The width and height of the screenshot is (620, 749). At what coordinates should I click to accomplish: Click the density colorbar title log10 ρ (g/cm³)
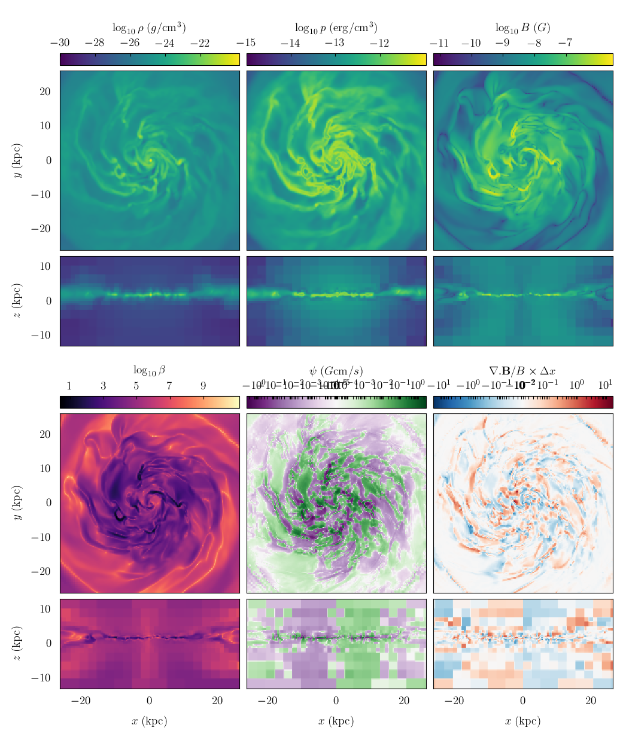(149, 28)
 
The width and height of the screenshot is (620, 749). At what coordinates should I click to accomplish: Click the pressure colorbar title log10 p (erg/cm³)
(336, 28)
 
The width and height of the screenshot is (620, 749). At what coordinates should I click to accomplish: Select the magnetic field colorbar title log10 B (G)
(522, 28)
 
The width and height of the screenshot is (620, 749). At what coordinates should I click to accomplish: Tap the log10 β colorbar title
(149, 370)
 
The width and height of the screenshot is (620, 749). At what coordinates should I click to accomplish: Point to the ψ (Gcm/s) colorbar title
(336, 370)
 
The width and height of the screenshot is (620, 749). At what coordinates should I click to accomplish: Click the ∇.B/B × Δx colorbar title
(522, 370)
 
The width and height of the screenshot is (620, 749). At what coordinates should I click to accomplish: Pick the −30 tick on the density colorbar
(60, 43)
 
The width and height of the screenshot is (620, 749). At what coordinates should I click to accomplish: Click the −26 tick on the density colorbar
(130, 43)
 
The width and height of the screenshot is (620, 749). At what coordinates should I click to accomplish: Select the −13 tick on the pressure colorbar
(335, 43)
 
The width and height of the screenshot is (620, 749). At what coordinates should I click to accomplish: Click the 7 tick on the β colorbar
(169, 386)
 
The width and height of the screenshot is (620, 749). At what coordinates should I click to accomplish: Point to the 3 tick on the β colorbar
(103, 386)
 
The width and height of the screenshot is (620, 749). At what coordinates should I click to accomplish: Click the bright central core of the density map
(150, 160)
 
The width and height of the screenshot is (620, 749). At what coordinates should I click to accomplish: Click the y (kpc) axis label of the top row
(19, 160)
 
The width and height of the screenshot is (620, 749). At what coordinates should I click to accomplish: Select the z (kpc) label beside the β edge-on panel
(19, 644)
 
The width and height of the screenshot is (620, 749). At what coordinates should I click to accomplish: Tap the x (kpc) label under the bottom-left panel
(149, 721)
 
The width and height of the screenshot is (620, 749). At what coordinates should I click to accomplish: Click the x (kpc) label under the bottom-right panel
(522, 721)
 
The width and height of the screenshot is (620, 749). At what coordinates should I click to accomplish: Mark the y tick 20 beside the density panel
(45, 92)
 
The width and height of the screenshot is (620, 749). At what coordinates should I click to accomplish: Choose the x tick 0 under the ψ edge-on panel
(336, 701)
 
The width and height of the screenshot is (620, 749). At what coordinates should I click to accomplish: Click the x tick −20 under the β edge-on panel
(81, 701)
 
